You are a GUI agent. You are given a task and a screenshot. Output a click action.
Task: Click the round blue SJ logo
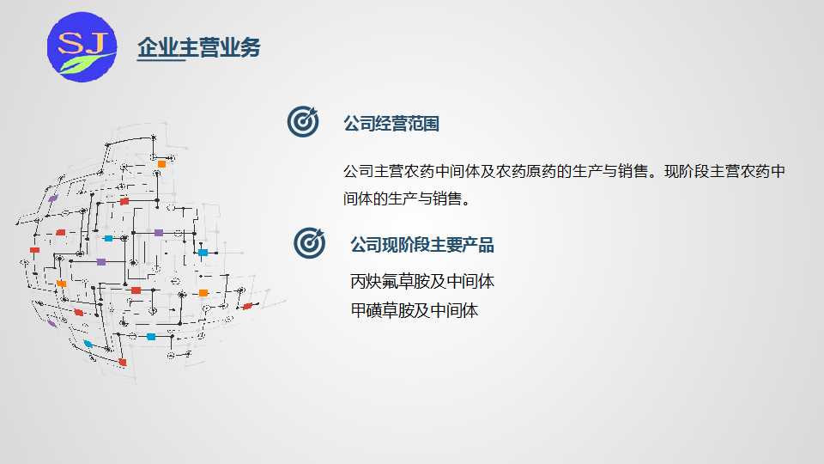[x=82, y=46]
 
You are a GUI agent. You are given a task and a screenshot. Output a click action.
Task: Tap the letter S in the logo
[x=70, y=43]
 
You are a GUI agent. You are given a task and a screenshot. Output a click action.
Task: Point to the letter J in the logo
[x=95, y=43]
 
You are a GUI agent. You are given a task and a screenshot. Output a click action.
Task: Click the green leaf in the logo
[x=84, y=63]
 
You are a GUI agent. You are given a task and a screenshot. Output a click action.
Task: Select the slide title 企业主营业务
[x=198, y=47]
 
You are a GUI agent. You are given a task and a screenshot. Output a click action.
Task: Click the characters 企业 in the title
[x=158, y=47]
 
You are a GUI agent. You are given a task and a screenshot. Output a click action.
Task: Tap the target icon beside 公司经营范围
[x=303, y=121]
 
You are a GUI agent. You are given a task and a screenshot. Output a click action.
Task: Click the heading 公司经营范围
[x=391, y=124]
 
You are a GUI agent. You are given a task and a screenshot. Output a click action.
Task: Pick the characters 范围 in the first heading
[x=423, y=124]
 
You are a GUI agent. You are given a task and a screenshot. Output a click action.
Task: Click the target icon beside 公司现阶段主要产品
[x=310, y=242]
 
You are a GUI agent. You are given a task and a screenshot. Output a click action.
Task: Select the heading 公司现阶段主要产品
[x=422, y=245]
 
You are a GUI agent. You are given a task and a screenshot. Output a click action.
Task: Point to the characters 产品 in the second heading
[x=478, y=245]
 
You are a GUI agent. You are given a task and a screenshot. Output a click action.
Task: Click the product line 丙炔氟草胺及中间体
[x=422, y=282]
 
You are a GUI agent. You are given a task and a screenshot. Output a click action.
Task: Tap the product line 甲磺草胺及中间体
[x=414, y=310]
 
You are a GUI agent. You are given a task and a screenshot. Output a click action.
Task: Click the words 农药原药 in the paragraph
[x=525, y=172]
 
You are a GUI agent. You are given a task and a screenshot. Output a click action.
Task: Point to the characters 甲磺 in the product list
[x=367, y=310]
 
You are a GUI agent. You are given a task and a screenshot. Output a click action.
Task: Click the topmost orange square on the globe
[x=162, y=164]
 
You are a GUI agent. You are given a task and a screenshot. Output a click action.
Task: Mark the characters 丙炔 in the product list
[x=366, y=282]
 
